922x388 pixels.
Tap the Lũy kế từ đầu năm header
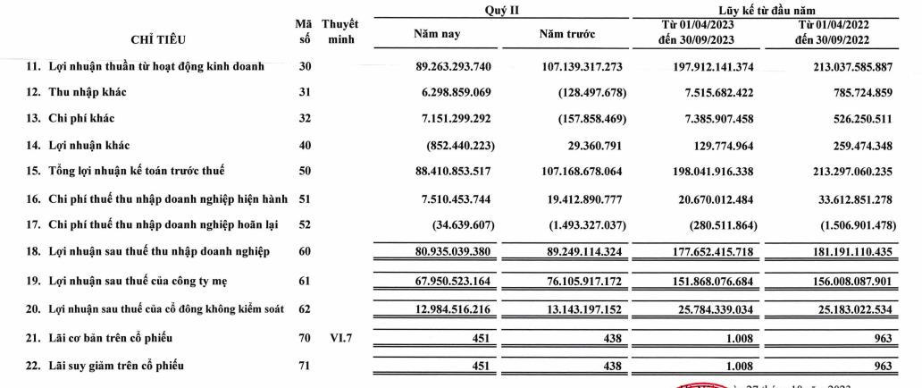[x=775, y=8]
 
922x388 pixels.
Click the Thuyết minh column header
[x=339, y=31]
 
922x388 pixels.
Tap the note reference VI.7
[x=338, y=338]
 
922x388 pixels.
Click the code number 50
[x=303, y=170]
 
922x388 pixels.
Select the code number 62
[x=303, y=310]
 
